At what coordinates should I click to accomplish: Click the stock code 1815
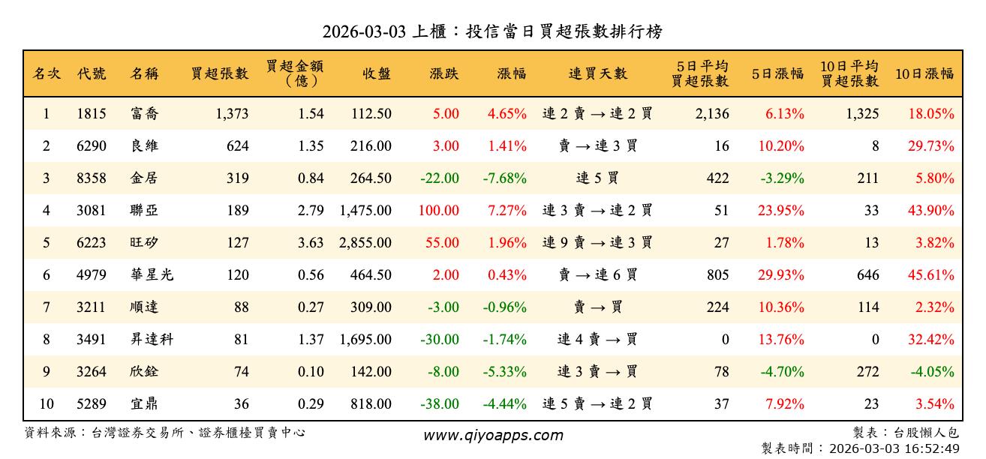(x=92, y=114)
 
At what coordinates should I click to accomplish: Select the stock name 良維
(x=144, y=146)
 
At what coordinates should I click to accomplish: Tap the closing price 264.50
(x=371, y=178)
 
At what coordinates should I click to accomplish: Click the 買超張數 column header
(x=219, y=73)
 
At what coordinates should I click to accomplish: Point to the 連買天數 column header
(x=597, y=73)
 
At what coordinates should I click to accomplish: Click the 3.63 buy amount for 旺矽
(x=311, y=243)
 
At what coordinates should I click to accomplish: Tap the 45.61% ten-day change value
(x=931, y=275)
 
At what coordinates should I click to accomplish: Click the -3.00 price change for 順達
(x=443, y=307)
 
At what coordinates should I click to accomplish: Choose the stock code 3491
(x=92, y=340)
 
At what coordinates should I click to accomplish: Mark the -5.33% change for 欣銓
(x=504, y=372)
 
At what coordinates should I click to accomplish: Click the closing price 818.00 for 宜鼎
(x=371, y=404)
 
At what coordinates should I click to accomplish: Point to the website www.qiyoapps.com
(x=492, y=436)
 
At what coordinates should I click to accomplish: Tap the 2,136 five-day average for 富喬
(x=713, y=114)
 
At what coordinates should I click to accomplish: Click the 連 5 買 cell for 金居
(x=597, y=178)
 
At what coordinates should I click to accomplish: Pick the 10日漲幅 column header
(x=924, y=73)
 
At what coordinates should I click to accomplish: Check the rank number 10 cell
(x=47, y=404)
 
